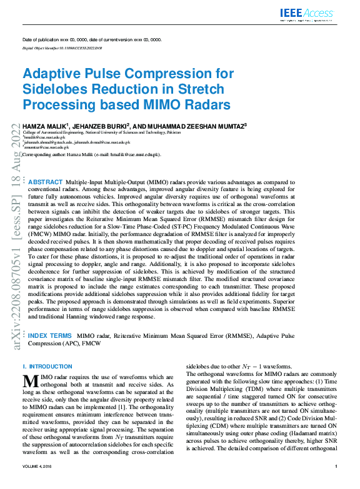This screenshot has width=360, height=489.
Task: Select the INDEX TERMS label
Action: tap(50, 335)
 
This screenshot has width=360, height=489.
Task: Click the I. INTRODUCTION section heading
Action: tap(47, 366)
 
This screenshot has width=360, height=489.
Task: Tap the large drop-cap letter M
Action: tap(31, 381)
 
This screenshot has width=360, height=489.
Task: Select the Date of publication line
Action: tap(91, 39)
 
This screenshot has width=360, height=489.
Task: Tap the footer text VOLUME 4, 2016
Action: tap(40, 483)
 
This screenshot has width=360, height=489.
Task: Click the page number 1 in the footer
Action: tap(336, 483)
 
